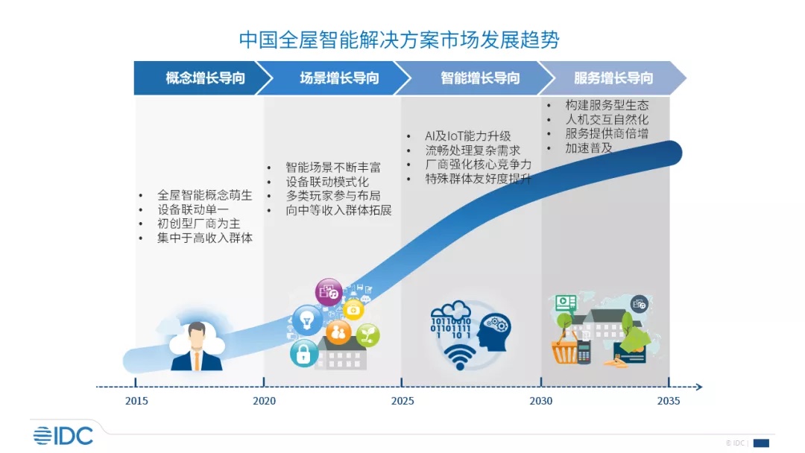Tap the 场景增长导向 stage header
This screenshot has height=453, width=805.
(x=339, y=78)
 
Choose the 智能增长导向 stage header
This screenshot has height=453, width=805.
(x=479, y=78)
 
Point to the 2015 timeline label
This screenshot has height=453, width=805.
(x=136, y=401)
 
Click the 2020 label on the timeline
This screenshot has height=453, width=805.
(x=264, y=401)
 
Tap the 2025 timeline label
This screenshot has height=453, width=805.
(x=402, y=401)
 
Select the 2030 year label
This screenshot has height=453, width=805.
(x=541, y=401)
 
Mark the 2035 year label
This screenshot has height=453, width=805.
(x=669, y=401)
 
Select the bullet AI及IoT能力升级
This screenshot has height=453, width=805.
(x=467, y=136)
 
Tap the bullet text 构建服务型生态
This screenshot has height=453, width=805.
(x=607, y=105)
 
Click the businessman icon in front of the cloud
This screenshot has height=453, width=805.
(x=196, y=346)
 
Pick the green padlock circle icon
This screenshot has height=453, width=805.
(x=303, y=354)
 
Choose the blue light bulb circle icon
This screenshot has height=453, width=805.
(x=306, y=319)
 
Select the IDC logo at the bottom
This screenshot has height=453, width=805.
(x=63, y=434)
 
